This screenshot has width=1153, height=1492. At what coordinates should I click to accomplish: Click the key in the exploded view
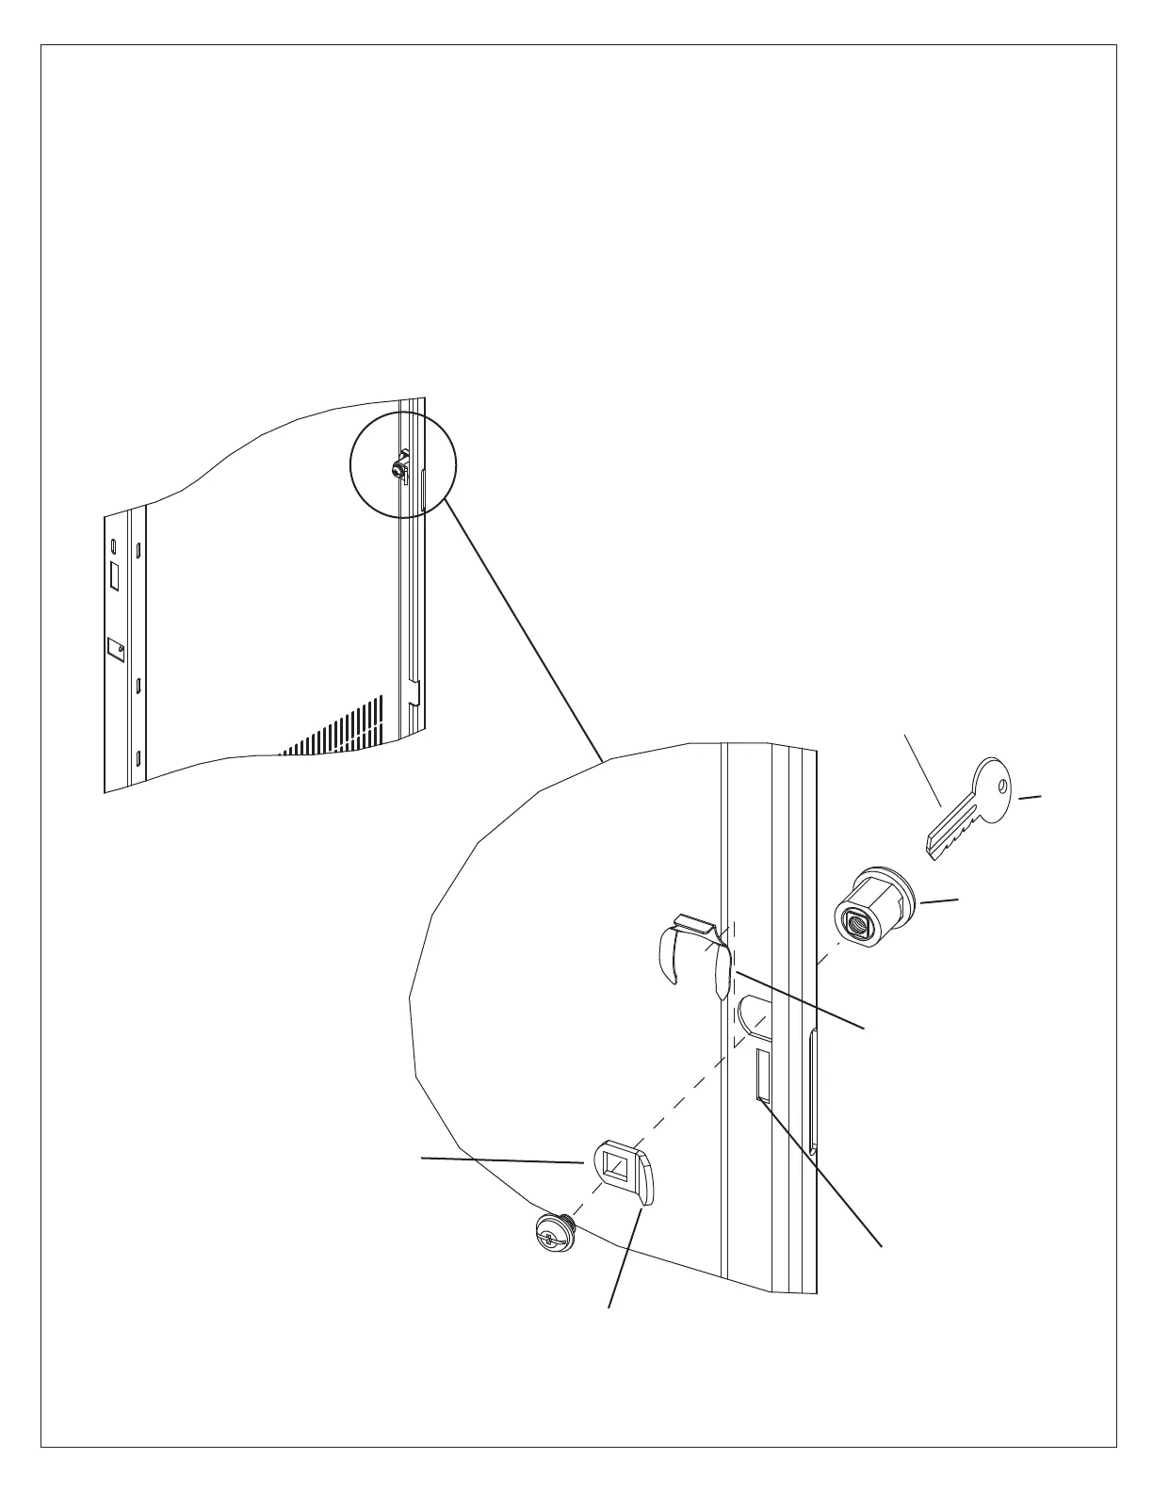pos(970,810)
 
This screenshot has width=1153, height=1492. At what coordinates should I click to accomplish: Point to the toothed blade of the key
pos(951,834)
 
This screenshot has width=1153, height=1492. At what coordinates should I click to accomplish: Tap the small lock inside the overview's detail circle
pos(399,467)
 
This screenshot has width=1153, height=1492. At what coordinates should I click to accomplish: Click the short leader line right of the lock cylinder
pos(939,902)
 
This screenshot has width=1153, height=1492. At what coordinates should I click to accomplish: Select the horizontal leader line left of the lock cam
pos(501,1160)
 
